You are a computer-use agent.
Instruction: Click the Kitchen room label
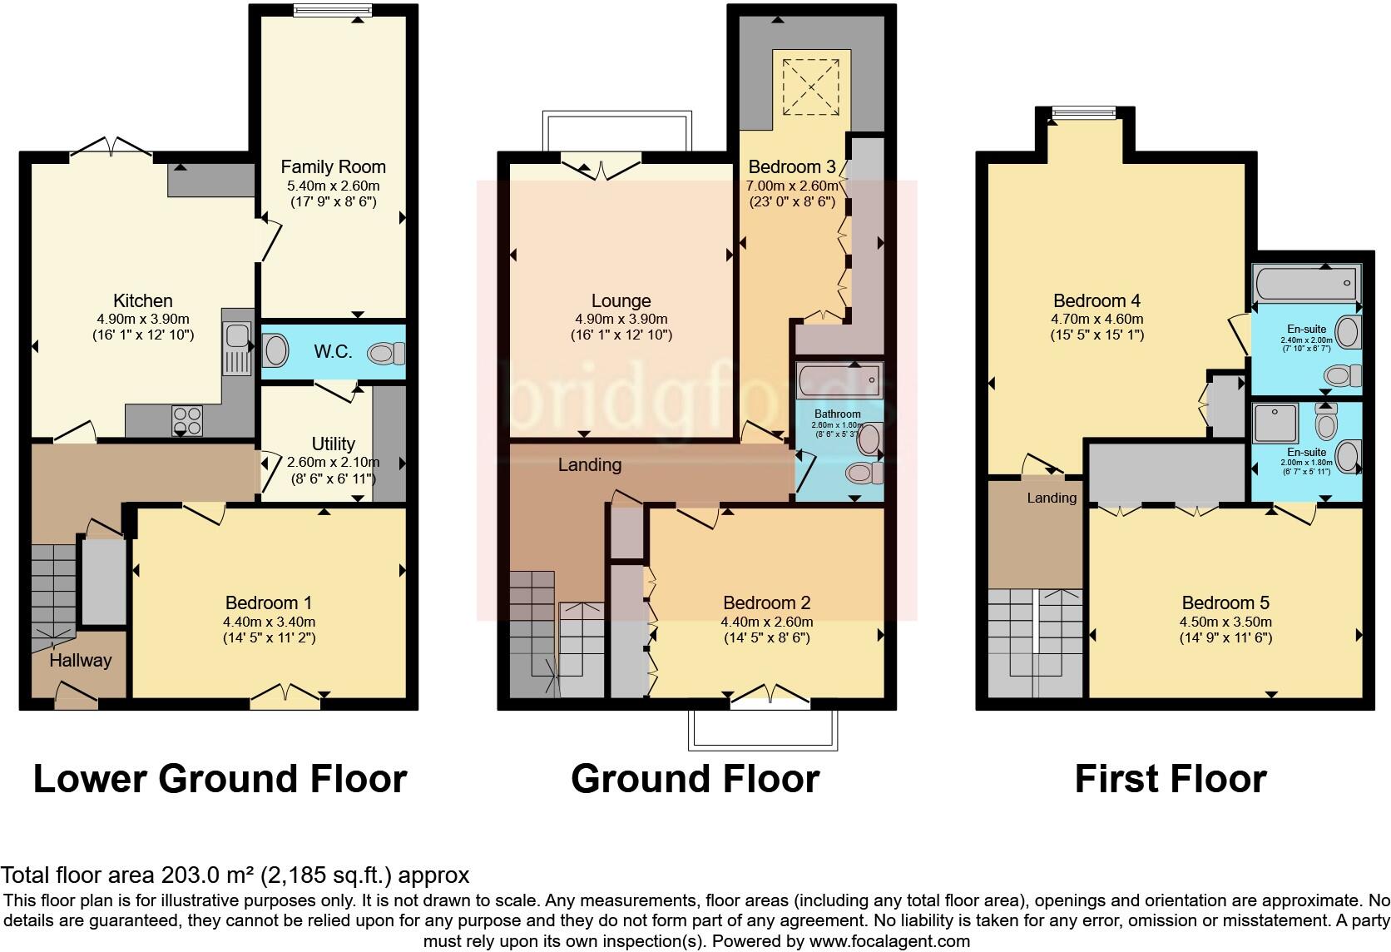142,300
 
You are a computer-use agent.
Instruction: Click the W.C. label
333,351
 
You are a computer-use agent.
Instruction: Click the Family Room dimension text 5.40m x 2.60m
334,186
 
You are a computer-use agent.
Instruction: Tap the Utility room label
333,444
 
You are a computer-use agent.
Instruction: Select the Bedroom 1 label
268,602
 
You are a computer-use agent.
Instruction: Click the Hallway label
80,660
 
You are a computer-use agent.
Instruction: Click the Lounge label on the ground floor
621,300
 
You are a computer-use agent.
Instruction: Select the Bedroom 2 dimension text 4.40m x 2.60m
766,622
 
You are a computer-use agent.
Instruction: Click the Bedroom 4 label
1096,300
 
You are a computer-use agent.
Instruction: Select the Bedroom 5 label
1225,602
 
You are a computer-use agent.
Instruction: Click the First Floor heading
1170,779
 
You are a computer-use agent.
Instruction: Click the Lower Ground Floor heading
220,779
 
